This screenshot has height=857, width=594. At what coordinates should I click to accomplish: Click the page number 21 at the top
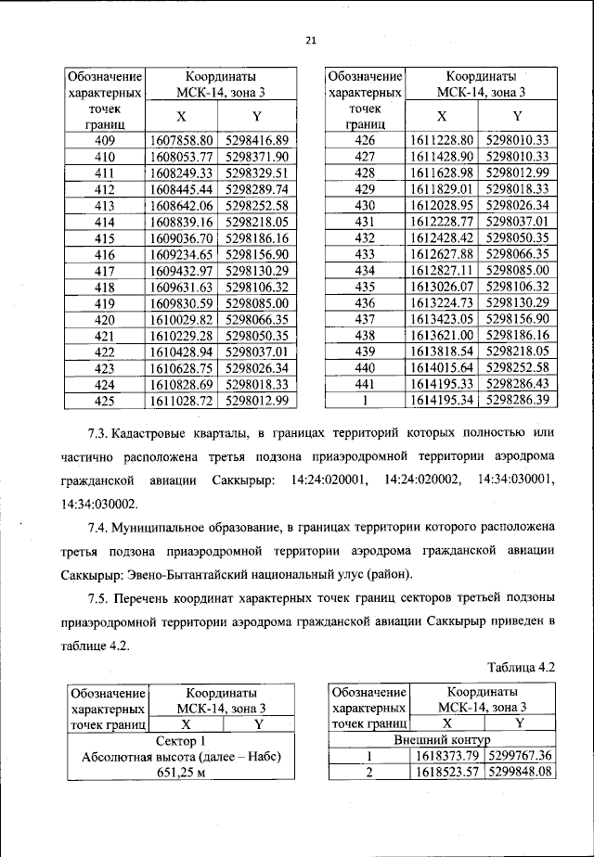click(x=310, y=39)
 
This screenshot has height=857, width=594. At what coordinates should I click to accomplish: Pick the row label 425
click(x=104, y=400)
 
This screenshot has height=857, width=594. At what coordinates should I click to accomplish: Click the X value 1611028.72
click(x=182, y=400)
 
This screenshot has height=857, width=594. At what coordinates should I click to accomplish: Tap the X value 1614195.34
click(x=442, y=400)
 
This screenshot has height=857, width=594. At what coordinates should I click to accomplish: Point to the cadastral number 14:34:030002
click(x=99, y=505)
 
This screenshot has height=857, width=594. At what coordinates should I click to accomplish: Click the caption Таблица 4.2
click(x=521, y=667)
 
